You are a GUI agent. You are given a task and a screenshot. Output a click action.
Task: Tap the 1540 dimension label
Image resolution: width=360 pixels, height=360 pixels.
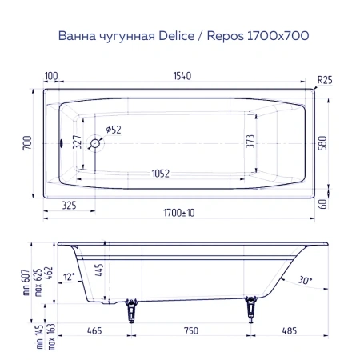pos(181,76)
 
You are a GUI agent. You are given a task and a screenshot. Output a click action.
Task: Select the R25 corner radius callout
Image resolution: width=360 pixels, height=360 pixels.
pos(325,80)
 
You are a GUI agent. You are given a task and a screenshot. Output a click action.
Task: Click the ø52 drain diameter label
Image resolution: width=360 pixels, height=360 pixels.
pos(113,130)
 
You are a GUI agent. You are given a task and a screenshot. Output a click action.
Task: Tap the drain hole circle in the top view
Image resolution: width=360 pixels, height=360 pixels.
pos(95,144)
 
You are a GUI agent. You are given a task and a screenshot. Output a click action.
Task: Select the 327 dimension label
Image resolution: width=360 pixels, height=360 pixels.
pos(77,143)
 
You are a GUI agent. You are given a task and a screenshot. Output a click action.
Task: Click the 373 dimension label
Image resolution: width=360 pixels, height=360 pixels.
pos(250,143)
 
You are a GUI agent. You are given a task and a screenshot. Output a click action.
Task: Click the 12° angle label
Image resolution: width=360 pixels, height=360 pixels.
pos(71,276)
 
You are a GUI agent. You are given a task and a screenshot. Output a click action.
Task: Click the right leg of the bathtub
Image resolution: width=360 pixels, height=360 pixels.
pos(254,308)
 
